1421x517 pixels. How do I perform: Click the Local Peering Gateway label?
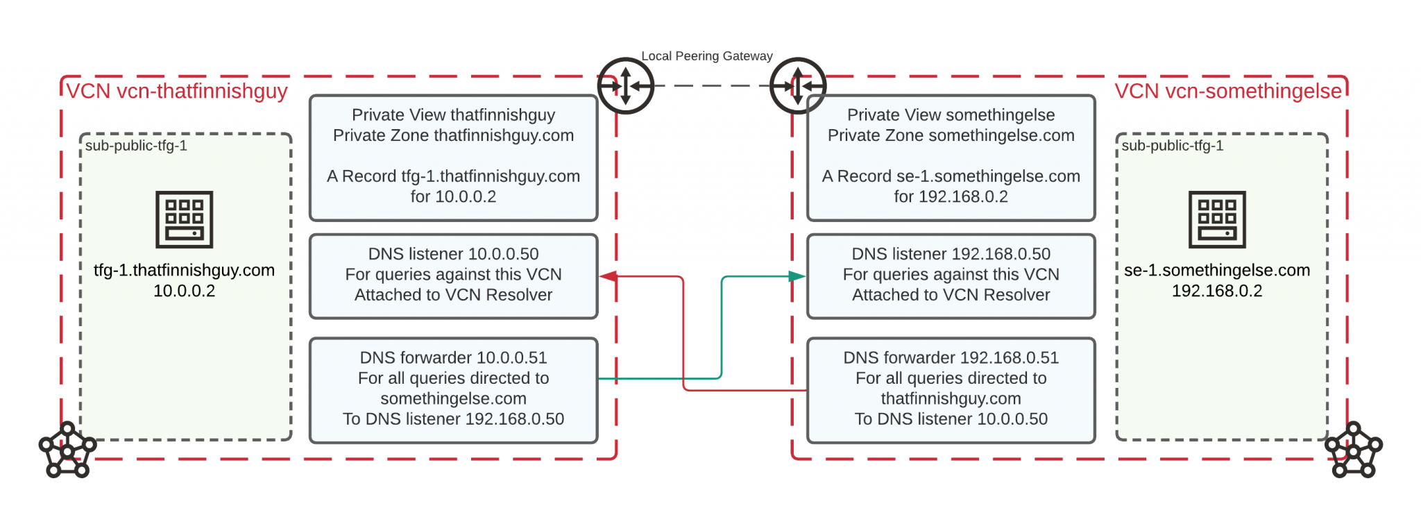pyautogui.click(x=706, y=56)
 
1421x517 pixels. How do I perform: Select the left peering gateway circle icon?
pyautogui.click(x=625, y=86)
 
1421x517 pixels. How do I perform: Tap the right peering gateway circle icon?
pyautogui.click(x=798, y=86)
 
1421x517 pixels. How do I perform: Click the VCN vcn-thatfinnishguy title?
pyautogui.click(x=177, y=92)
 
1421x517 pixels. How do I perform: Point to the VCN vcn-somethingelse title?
pyautogui.click(x=1228, y=92)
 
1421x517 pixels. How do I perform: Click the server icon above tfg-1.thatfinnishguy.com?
pyautogui.click(x=184, y=219)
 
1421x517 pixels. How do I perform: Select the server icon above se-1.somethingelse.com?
pyautogui.click(x=1217, y=219)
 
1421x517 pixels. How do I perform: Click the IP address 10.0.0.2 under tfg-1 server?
pyautogui.click(x=184, y=291)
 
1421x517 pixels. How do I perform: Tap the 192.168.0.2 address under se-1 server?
pyautogui.click(x=1217, y=291)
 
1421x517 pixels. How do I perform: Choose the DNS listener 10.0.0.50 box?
pyautogui.click(x=453, y=276)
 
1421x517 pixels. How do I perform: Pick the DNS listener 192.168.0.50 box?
pyautogui.click(x=951, y=276)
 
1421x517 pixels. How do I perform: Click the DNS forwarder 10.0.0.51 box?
pyautogui.click(x=453, y=389)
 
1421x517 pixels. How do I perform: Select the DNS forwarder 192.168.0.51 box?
pyautogui.click(x=951, y=389)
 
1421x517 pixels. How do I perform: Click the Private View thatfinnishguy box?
pyautogui.click(x=453, y=158)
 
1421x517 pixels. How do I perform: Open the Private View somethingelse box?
pyautogui.click(x=951, y=158)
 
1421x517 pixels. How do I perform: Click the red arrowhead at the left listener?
pyautogui.click(x=608, y=276)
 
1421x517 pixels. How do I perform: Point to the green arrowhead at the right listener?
pyautogui.click(x=797, y=276)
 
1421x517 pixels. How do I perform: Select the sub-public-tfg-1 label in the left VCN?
pyautogui.click(x=136, y=146)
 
